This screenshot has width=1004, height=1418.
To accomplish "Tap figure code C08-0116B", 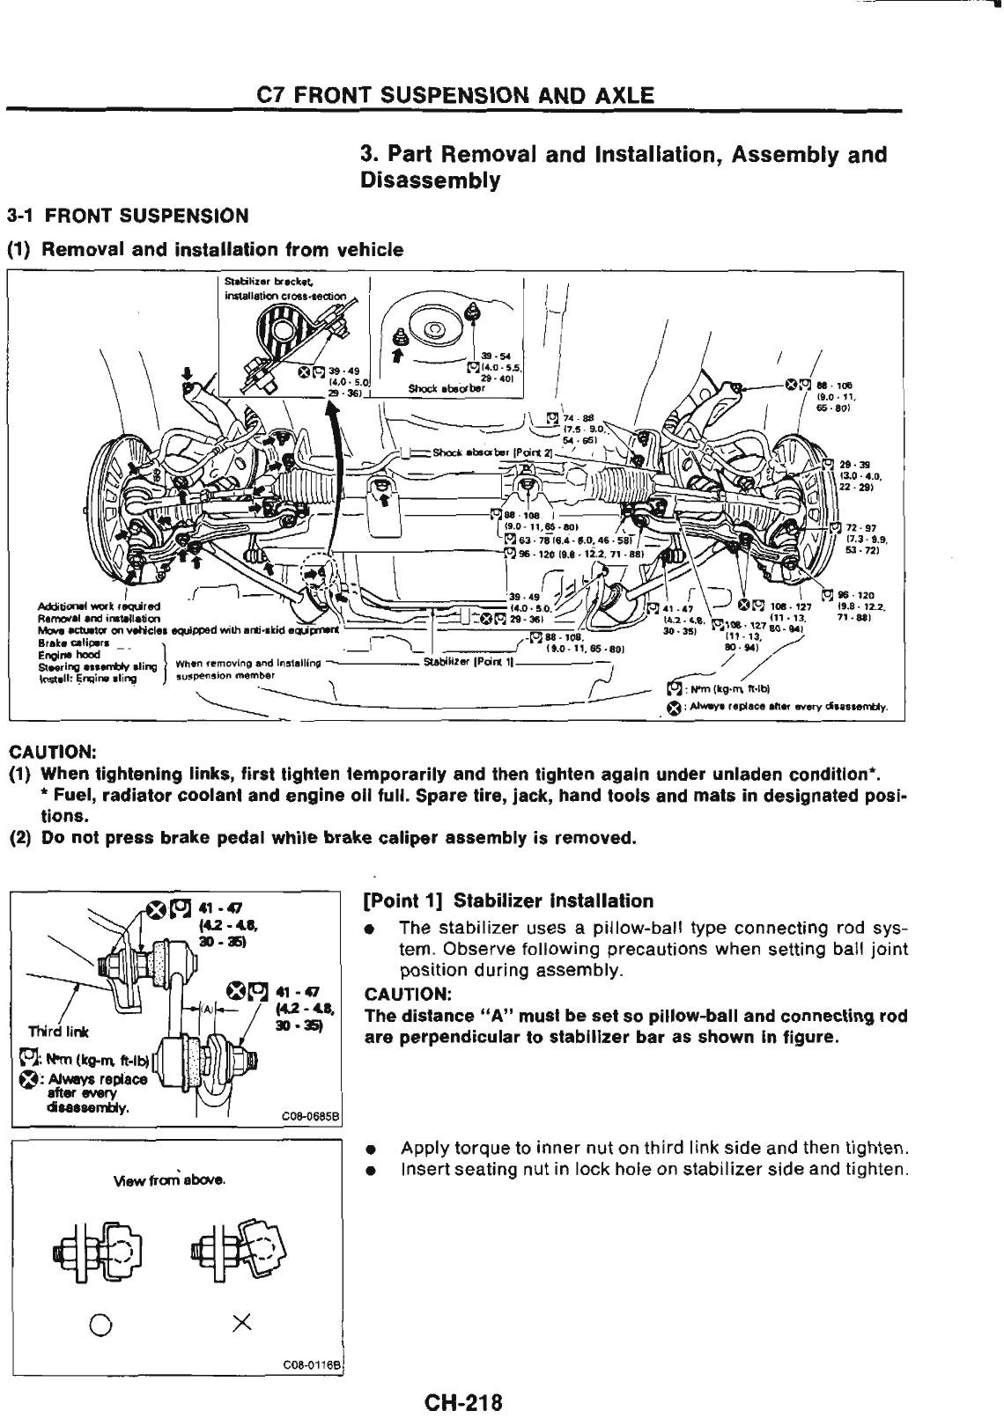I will pos(314,1362).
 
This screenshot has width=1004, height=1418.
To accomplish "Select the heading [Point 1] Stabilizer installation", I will pos(508,901).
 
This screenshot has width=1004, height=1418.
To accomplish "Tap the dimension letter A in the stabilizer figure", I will pos(205,1008).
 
